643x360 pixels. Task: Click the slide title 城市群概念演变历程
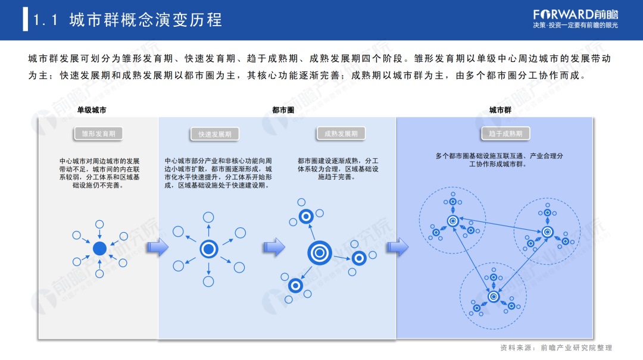coord(146,20)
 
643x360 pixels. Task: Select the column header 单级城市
coord(92,110)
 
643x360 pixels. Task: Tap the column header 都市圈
coord(283,110)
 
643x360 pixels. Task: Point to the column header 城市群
coord(500,110)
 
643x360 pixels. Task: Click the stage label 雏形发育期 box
coord(98,134)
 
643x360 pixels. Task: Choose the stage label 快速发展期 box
coord(215,134)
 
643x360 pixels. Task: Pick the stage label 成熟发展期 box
coord(341,134)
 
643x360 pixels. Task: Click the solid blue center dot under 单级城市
coord(100,248)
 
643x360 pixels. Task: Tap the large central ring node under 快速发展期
coord(208,248)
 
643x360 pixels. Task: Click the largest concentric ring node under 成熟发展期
coord(319,252)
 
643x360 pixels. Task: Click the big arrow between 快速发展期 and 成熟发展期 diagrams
coord(274,247)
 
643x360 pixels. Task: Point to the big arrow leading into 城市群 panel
coord(398,247)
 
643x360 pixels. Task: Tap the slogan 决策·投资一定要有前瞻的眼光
coord(575,26)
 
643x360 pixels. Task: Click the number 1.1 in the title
coord(45,20)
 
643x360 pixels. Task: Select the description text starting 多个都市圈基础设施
coord(500,159)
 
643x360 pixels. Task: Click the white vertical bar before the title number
coord(25,20)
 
